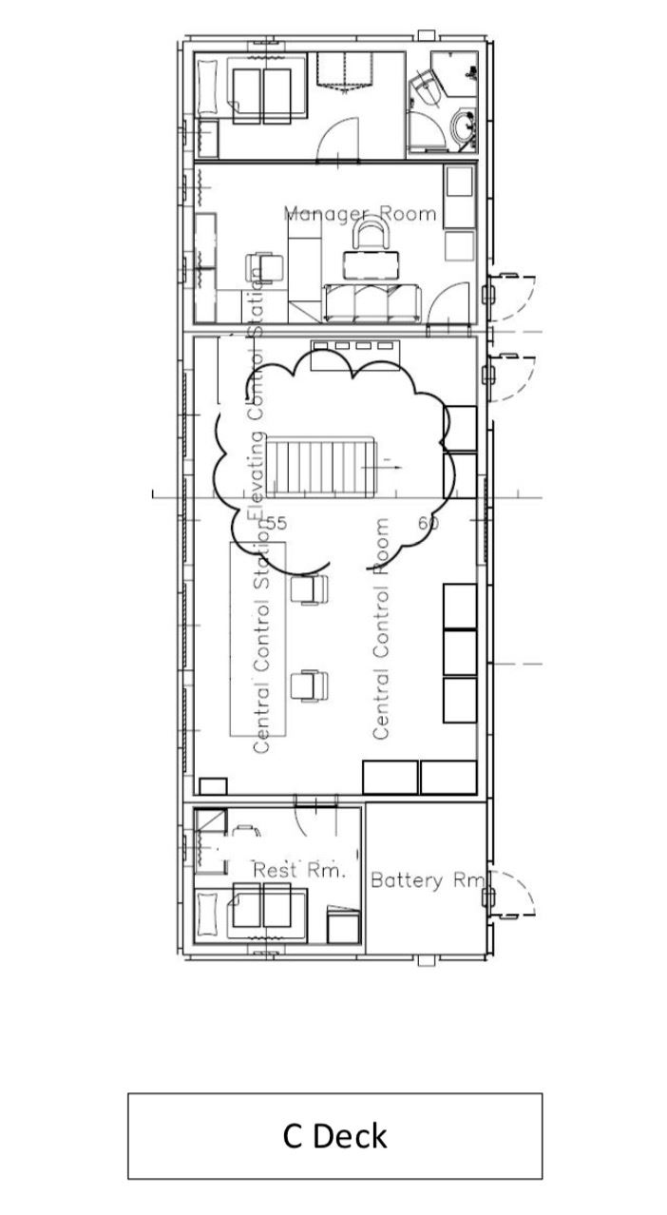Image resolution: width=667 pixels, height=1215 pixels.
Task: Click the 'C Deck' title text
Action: (x=334, y=1136)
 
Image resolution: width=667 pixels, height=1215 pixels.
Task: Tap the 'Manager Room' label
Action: (x=360, y=214)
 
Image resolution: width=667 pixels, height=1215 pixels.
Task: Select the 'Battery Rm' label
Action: (x=429, y=879)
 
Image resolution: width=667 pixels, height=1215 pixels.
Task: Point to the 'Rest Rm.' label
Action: (x=299, y=870)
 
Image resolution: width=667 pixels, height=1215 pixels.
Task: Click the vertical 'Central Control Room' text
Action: (x=381, y=628)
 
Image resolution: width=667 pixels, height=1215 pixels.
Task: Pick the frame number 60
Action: (x=429, y=523)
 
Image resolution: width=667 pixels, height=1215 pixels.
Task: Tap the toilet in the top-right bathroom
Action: (x=427, y=88)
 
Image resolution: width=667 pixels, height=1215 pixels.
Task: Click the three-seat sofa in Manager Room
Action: (x=372, y=303)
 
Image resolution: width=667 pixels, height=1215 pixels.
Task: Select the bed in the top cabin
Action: (x=251, y=87)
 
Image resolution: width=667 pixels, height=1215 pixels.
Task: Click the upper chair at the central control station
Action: (x=309, y=589)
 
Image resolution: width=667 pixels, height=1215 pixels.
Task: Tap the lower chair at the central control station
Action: (x=309, y=685)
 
